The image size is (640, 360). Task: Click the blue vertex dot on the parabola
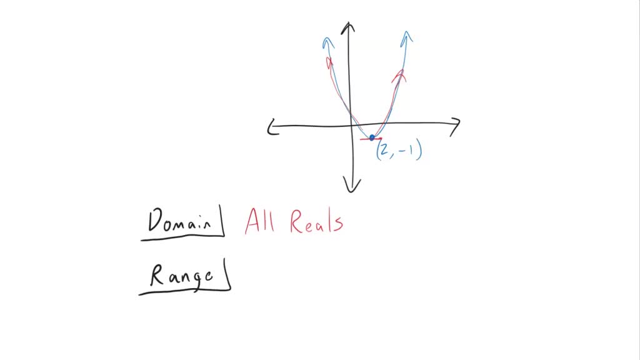[x=372, y=137]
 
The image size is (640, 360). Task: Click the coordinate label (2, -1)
[x=399, y=151]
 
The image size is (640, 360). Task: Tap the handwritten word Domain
[x=185, y=221]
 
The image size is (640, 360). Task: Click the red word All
[x=261, y=222]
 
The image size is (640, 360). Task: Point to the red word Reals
[x=316, y=222]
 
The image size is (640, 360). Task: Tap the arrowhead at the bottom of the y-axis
[x=352, y=186]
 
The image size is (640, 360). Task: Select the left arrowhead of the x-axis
[x=272, y=128]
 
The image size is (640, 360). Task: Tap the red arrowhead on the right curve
[x=399, y=76]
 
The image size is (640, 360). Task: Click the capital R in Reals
[x=297, y=221]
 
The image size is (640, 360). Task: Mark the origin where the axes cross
[x=351, y=126]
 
